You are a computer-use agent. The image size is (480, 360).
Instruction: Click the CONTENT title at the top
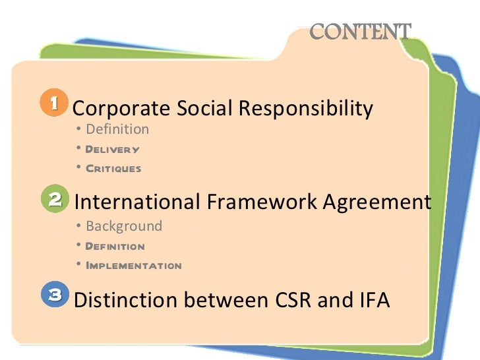click(x=360, y=31)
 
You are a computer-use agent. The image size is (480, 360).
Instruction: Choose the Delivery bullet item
click(x=113, y=149)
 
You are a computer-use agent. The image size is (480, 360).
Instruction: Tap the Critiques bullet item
click(x=113, y=169)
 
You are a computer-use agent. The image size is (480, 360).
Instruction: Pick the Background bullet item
click(x=124, y=226)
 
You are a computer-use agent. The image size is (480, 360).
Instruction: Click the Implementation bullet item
click(x=133, y=266)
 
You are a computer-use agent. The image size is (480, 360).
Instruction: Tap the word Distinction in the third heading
click(x=126, y=300)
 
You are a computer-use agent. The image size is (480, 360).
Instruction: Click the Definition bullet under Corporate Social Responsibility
click(x=117, y=129)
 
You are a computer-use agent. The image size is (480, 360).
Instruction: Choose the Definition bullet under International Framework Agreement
click(x=115, y=247)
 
